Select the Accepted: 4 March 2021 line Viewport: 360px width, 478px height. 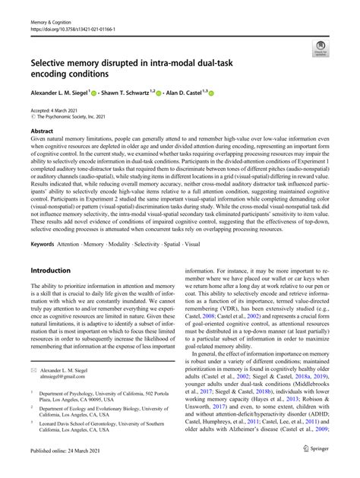[55, 112]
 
